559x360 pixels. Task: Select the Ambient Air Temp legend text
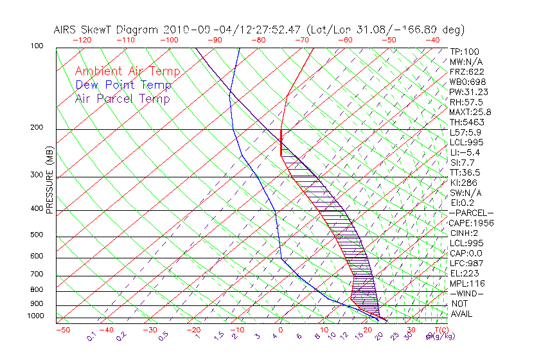click(127, 72)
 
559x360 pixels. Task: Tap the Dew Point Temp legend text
click(123, 85)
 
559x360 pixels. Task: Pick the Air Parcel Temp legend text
click(122, 99)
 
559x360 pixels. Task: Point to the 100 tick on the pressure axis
click(37, 46)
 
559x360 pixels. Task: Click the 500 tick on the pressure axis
click(37, 235)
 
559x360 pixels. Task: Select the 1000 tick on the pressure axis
click(35, 316)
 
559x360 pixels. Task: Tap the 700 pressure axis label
click(37, 275)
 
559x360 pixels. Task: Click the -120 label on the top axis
click(83, 39)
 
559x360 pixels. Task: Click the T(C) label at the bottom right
click(440, 330)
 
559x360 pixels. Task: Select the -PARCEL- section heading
click(471, 213)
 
